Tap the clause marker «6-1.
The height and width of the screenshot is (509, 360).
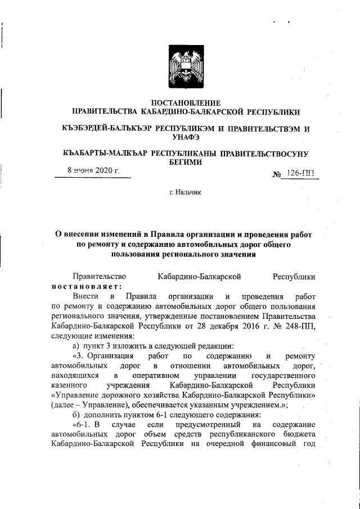point(82,424)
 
